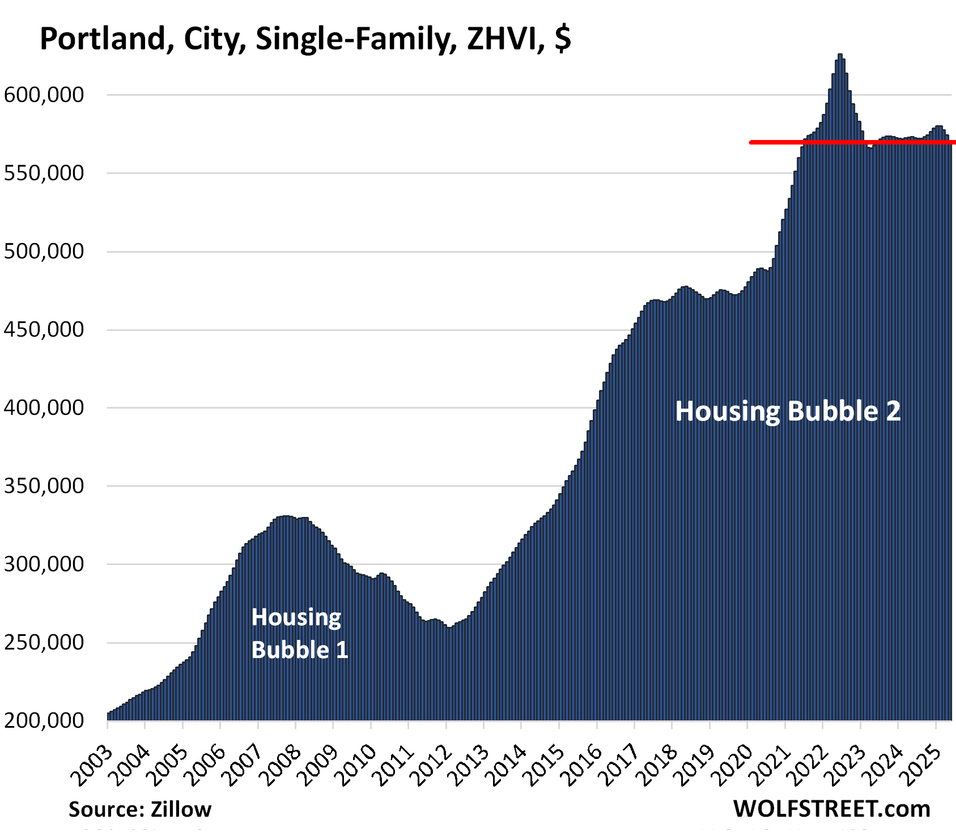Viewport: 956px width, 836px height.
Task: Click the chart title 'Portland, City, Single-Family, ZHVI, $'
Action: tap(305, 40)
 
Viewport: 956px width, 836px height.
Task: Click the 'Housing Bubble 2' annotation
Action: tap(788, 411)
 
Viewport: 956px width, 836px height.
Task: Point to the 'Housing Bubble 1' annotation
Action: tap(299, 634)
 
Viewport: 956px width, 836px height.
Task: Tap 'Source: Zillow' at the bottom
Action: tap(140, 809)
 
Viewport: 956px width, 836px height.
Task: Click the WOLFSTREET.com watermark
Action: tap(831, 809)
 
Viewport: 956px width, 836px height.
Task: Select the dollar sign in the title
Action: tap(563, 40)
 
